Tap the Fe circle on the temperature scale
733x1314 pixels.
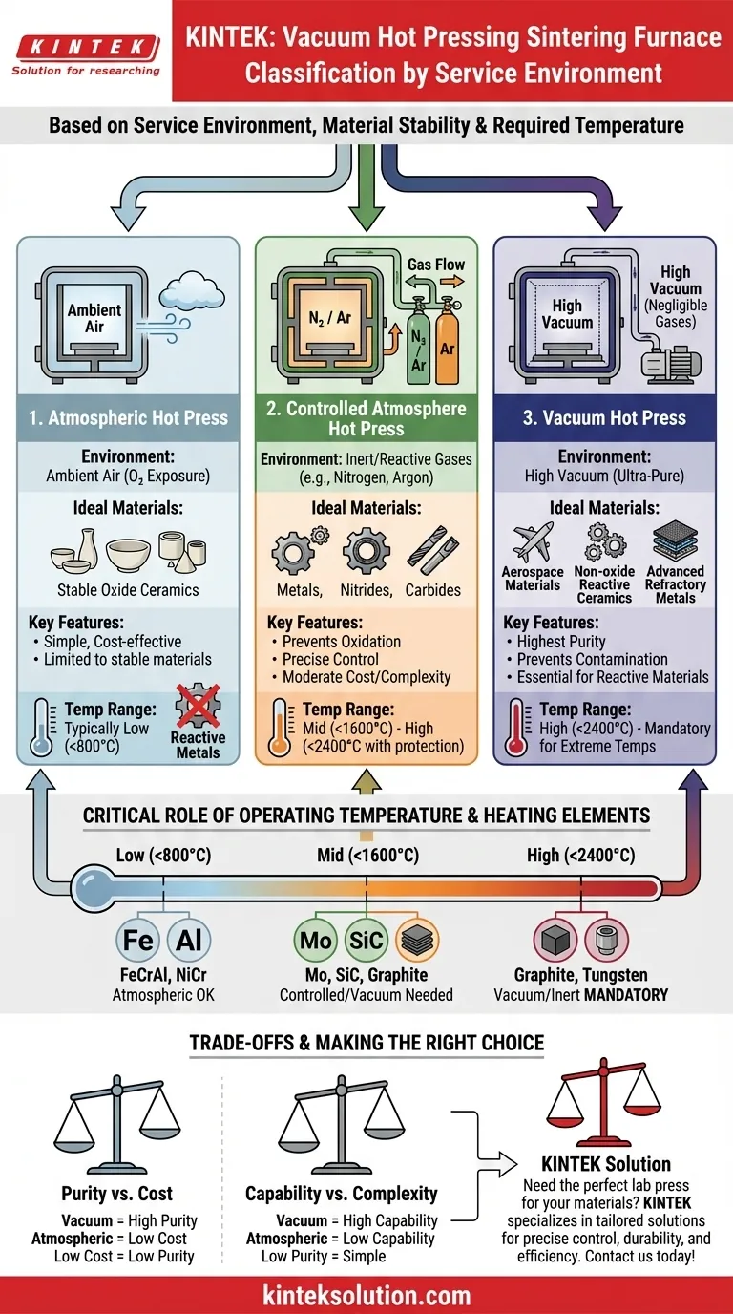pyautogui.click(x=138, y=941)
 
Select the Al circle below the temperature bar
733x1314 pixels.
pyautogui.click(x=189, y=941)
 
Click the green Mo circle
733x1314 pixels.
pyautogui.click(x=316, y=941)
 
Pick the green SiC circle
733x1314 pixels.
pyautogui.click(x=366, y=941)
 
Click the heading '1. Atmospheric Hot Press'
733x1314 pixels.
pyautogui.click(x=128, y=417)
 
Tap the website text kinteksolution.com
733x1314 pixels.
pyautogui.click(x=366, y=1295)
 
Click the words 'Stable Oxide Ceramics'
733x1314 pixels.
pyautogui.click(x=128, y=589)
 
